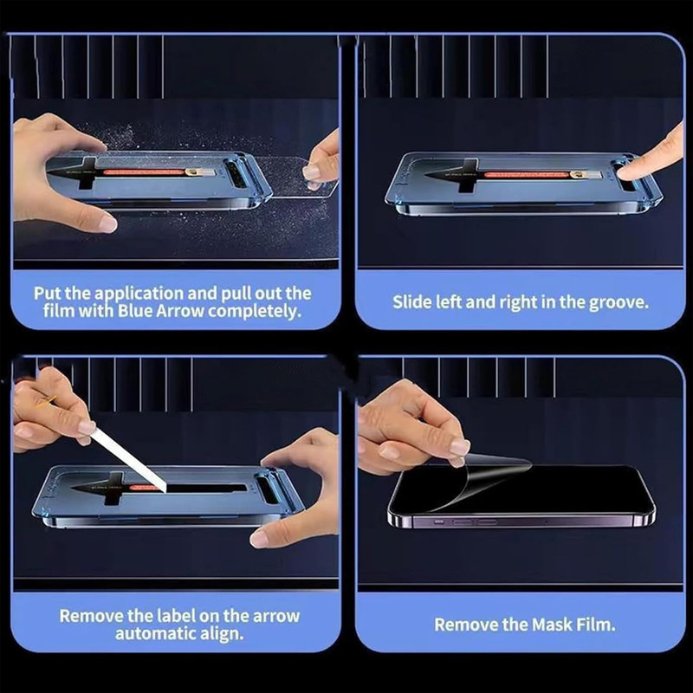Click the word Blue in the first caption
pyautogui.click(x=135, y=311)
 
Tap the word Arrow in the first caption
pyautogui.click(x=180, y=311)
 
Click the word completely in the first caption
pyautogui.click(x=255, y=312)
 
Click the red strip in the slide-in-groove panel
pyautogui.click(x=526, y=175)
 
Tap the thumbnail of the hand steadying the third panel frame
pyautogui.click(x=259, y=538)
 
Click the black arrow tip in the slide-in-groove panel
pyautogui.click(x=426, y=176)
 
